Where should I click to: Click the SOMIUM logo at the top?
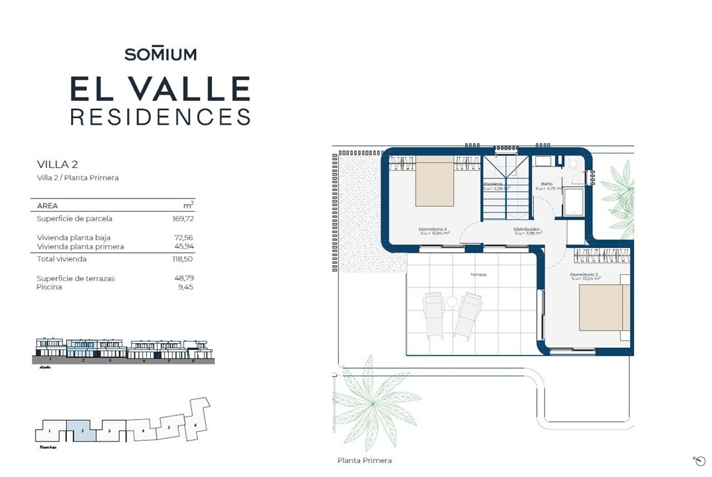161,53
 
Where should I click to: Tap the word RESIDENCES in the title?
161,117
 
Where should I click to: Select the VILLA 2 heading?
57,165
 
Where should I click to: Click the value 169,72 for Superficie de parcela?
182,219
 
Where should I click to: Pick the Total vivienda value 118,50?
182,259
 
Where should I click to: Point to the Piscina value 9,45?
186,287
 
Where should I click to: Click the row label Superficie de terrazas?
76,278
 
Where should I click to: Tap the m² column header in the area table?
188,206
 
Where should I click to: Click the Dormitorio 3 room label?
433,229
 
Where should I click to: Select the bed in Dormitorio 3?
434,181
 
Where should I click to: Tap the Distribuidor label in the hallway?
527,229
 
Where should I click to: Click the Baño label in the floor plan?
547,183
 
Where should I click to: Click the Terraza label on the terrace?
478,275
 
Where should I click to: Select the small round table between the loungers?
452,301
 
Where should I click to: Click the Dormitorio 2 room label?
584,275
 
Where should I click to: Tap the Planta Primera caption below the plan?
364,460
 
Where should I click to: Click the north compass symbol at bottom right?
699,460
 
